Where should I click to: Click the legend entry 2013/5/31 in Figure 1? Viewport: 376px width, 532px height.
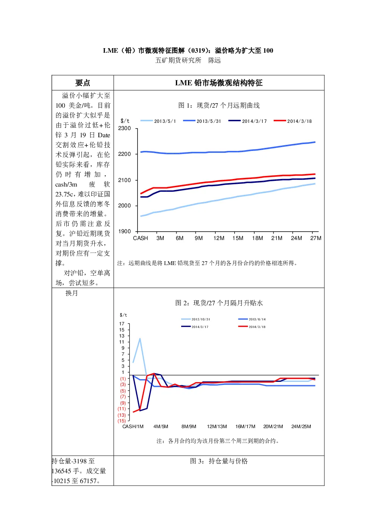coord(202,121)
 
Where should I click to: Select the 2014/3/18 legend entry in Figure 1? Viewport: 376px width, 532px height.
coord(293,121)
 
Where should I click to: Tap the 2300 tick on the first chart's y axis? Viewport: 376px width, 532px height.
coord(124,129)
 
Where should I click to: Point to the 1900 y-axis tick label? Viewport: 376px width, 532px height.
coord(124,231)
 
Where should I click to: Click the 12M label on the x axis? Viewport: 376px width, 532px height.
coord(219,238)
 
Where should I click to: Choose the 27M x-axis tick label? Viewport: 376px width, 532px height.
coord(316,238)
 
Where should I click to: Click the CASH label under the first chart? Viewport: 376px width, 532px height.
coord(140,238)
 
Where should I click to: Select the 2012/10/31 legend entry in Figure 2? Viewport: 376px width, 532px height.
coord(196,319)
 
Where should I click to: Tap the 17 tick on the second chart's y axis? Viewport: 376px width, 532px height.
coord(122,324)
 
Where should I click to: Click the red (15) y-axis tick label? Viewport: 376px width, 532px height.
coord(122,421)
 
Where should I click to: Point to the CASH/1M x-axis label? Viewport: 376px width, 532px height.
coord(133,427)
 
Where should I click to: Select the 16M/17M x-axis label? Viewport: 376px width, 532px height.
coord(245,427)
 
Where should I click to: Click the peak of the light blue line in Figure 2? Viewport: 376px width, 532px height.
coord(140,339)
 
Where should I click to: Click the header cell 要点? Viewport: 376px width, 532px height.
coord(83,83)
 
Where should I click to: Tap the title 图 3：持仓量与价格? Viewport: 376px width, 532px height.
coord(219,461)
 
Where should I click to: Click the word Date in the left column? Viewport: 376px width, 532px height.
coord(104,135)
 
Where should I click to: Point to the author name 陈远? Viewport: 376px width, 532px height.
coord(215,60)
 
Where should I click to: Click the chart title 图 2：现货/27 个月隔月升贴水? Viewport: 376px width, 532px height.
coord(219,303)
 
